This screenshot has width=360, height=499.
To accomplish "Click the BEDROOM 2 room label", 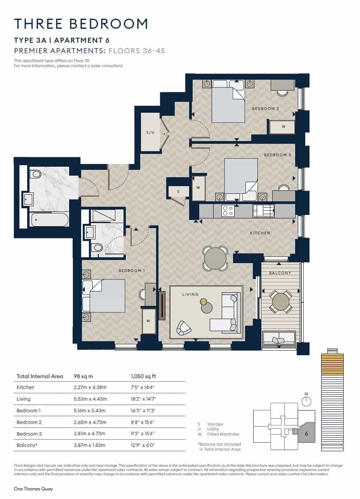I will tap(266, 108).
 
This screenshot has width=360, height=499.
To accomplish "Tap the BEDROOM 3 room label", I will tap(277, 155).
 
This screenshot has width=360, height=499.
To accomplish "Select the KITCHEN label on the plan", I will tap(260, 233).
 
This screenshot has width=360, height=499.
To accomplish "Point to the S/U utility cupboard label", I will tap(150, 132).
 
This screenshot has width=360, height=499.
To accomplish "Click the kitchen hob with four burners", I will tap(227, 211).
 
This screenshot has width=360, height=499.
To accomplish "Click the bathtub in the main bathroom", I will tap(50, 220).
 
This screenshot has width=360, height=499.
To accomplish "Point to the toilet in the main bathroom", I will tap(35, 174).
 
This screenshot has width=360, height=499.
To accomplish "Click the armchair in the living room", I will tap(183, 328).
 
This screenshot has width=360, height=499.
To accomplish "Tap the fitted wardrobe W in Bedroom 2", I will tap(283, 127).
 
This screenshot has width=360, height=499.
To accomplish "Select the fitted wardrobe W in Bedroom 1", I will tap(148, 321).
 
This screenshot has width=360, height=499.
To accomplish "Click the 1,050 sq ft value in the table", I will tap(143, 376).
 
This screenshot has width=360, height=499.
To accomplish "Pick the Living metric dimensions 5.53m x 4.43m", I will tap(90, 399).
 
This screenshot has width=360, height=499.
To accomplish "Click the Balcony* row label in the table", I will tap(27, 445).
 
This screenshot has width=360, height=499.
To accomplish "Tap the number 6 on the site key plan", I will tap(306, 434).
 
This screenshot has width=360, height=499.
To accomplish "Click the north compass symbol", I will tap(306, 401).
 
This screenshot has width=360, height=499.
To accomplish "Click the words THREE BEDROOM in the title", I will tap(81, 24).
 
